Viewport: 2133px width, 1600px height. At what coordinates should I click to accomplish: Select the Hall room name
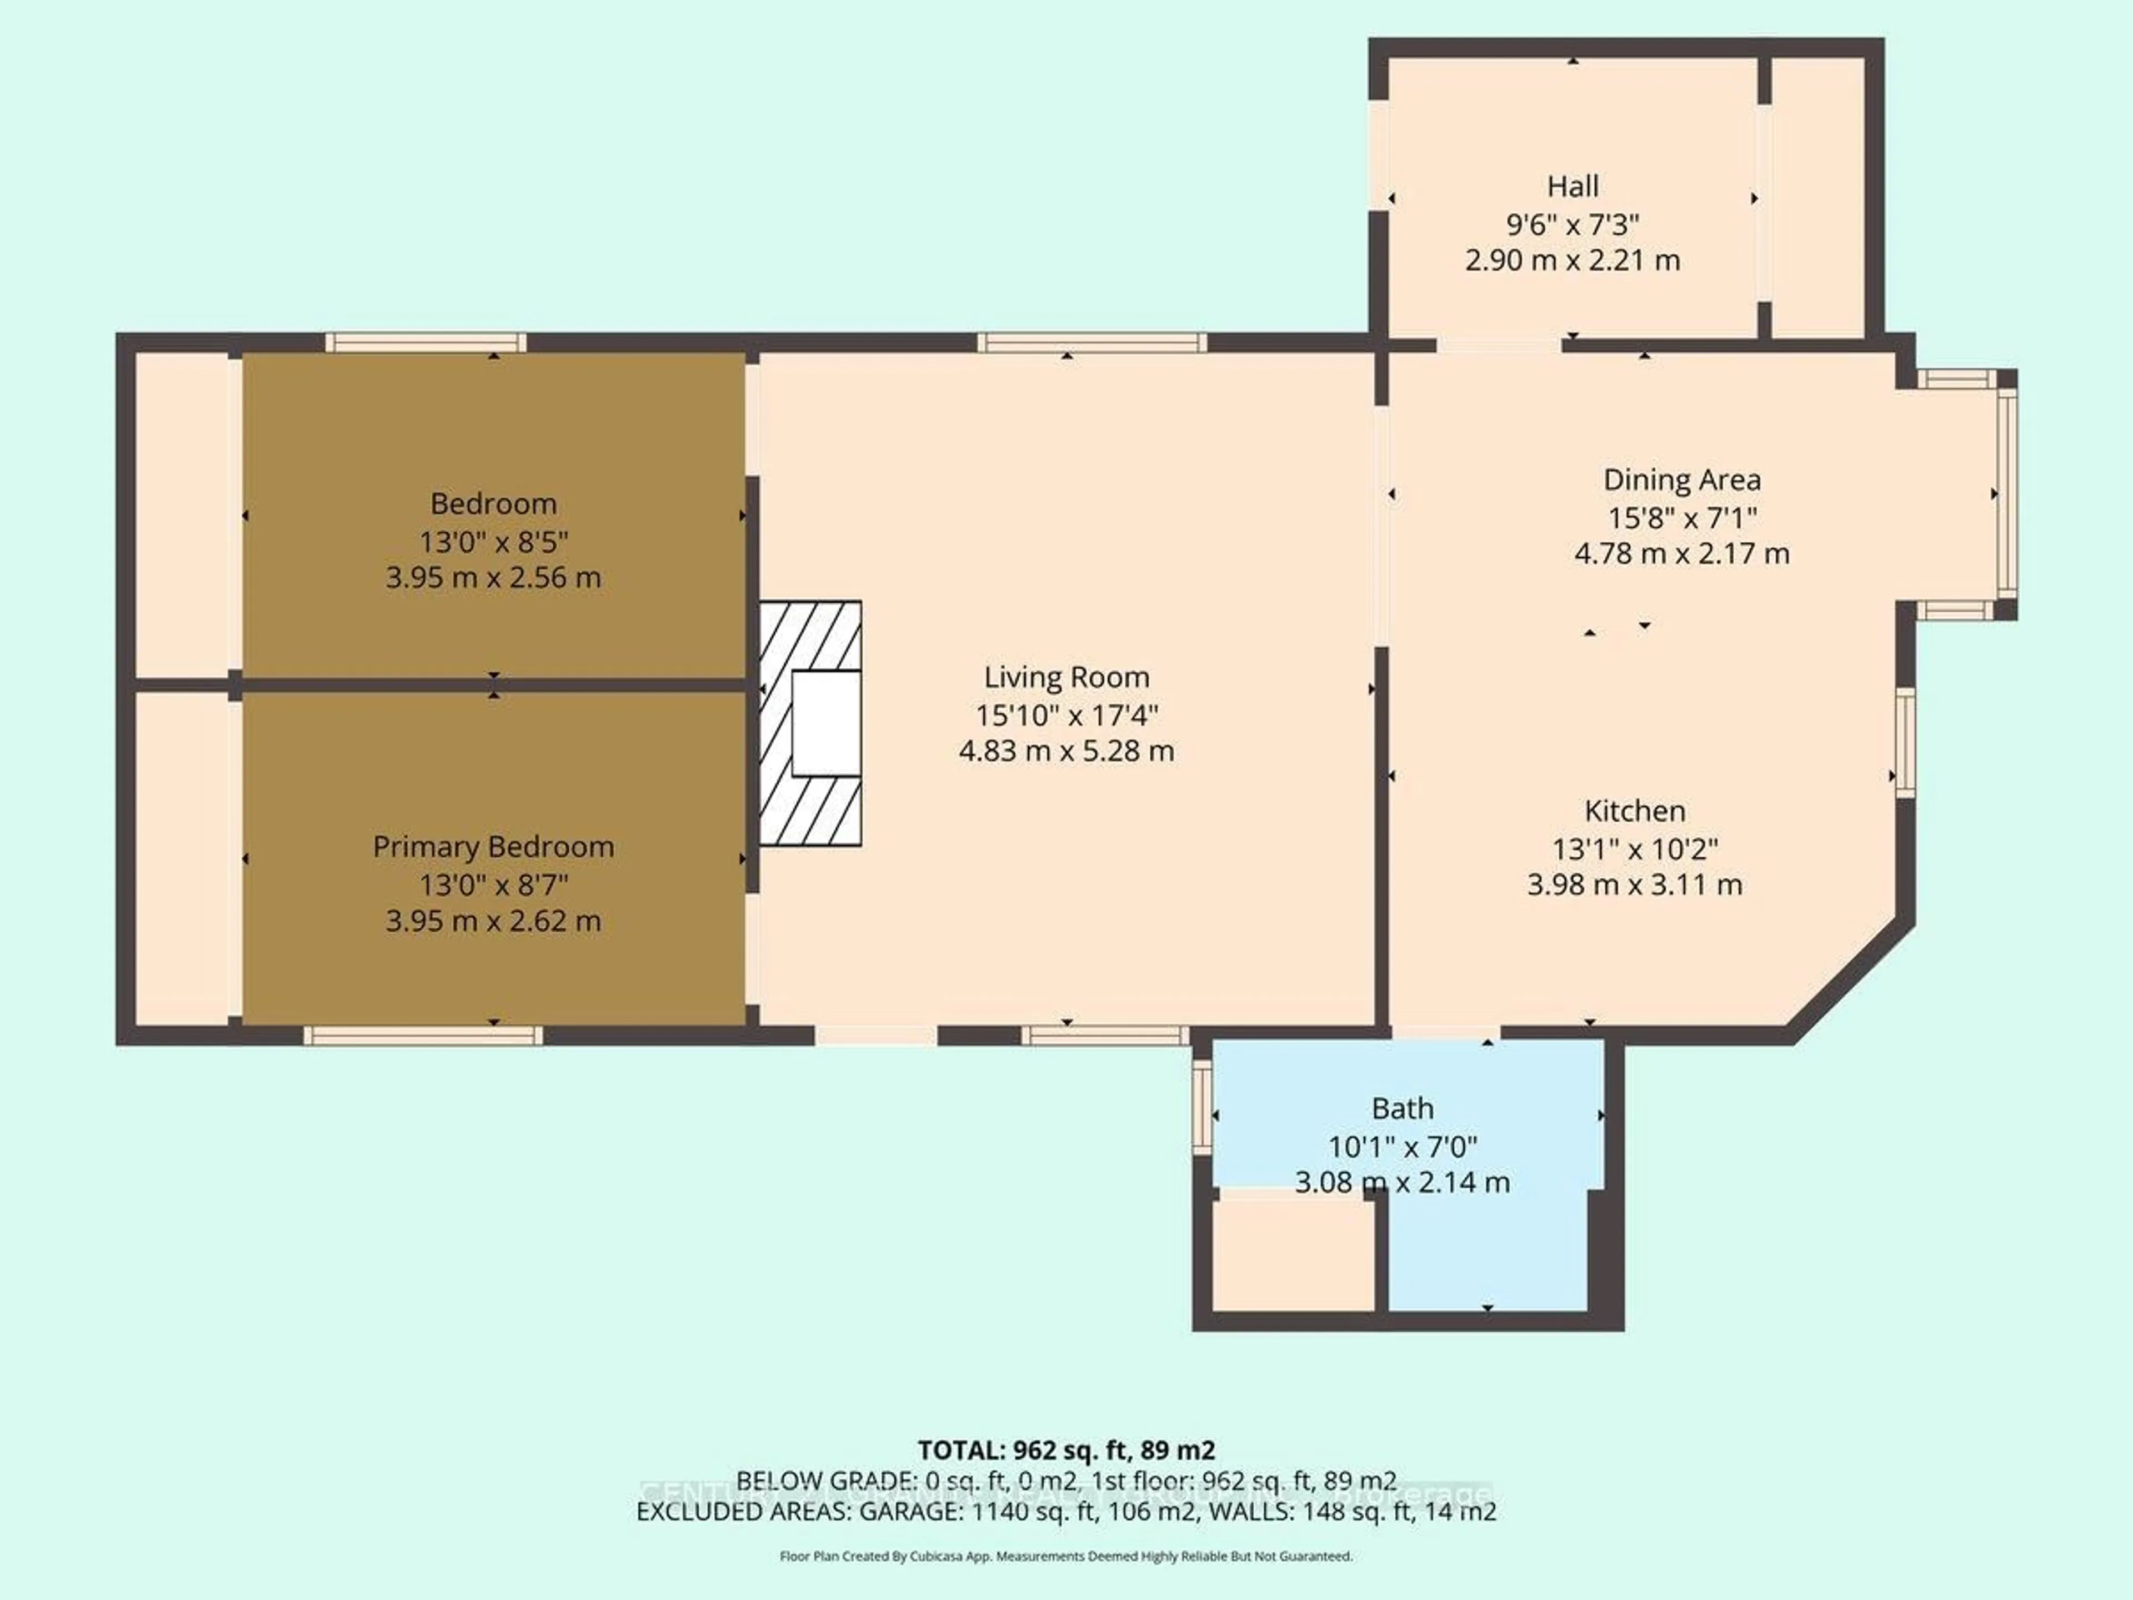[1572, 186]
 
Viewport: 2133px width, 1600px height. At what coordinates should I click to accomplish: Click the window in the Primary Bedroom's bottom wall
[423, 1036]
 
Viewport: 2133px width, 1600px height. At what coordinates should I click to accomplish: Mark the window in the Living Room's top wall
[1091, 342]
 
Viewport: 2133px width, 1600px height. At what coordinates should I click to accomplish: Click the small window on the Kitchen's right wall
[1905, 743]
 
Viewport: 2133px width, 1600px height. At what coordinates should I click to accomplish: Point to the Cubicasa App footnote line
[1065, 1556]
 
